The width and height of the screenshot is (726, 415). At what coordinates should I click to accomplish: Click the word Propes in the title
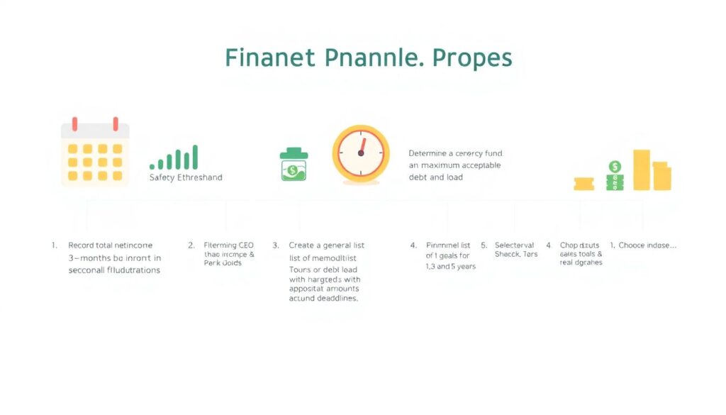click(x=469, y=58)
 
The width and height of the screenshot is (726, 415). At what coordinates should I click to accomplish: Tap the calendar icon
click(x=94, y=152)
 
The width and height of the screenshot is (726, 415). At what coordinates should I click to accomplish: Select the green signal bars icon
click(x=174, y=158)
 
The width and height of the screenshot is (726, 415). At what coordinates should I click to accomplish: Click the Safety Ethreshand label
click(x=186, y=177)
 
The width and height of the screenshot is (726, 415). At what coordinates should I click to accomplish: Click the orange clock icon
click(x=361, y=152)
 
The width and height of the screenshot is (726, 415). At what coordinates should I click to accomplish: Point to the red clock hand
click(x=362, y=146)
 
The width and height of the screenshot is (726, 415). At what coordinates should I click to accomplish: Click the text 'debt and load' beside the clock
click(x=435, y=177)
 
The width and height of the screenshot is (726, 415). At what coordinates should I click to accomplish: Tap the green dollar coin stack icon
click(x=614, y=175)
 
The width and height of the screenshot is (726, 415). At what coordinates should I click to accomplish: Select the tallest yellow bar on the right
click(x=642, y=170)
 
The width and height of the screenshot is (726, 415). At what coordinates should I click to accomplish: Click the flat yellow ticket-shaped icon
click(x=583, y=184)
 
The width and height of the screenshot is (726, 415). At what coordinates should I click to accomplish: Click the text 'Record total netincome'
click(x=110, y=245)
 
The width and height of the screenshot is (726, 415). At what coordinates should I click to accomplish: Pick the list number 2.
click(x=191, y=245)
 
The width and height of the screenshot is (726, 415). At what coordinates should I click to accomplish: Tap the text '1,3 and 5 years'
click(x=450, y=267)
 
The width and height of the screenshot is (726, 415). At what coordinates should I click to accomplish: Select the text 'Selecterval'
click(x=514, y=245)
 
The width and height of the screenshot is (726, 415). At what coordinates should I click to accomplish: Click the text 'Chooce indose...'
click(x=647, y=245)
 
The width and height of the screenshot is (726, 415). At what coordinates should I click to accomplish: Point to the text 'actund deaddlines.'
click(x=323, y=299)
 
